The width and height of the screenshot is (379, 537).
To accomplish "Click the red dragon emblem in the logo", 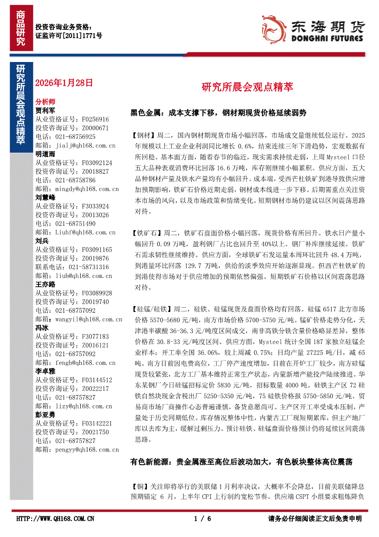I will pyautogui.click(x=274, y=28).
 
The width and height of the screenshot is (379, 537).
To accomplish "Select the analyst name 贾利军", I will pyautogui.click(x=45, y=111).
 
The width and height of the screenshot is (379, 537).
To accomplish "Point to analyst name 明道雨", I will pyautogui.click(x=45, y=154).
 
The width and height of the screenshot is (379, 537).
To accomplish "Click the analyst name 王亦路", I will pyautogui.click(x=45, y=284).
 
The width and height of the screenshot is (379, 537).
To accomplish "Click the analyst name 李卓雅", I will pyautogui.click(x=45, y=371).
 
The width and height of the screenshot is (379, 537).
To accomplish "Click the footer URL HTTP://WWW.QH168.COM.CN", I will pyautogui.click(x=56, y=519).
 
